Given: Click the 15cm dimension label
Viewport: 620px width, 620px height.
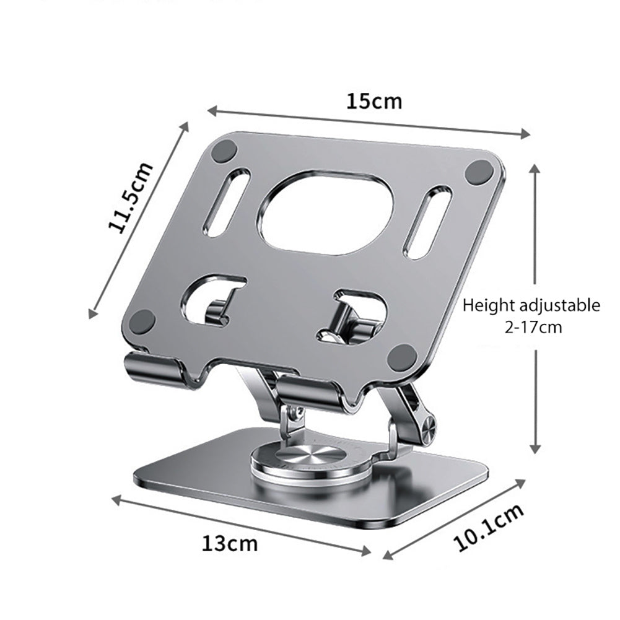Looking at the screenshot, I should pos(374,101).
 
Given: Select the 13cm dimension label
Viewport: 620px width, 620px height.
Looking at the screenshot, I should pos(229,544).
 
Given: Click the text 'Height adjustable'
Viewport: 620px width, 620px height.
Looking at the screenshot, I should pos(531,305).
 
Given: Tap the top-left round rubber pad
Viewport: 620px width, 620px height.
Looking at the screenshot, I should pos(224,150).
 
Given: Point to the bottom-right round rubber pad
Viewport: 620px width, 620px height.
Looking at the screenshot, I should pos(403,356).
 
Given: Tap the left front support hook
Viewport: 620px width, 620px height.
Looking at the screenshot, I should pos(155,369).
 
